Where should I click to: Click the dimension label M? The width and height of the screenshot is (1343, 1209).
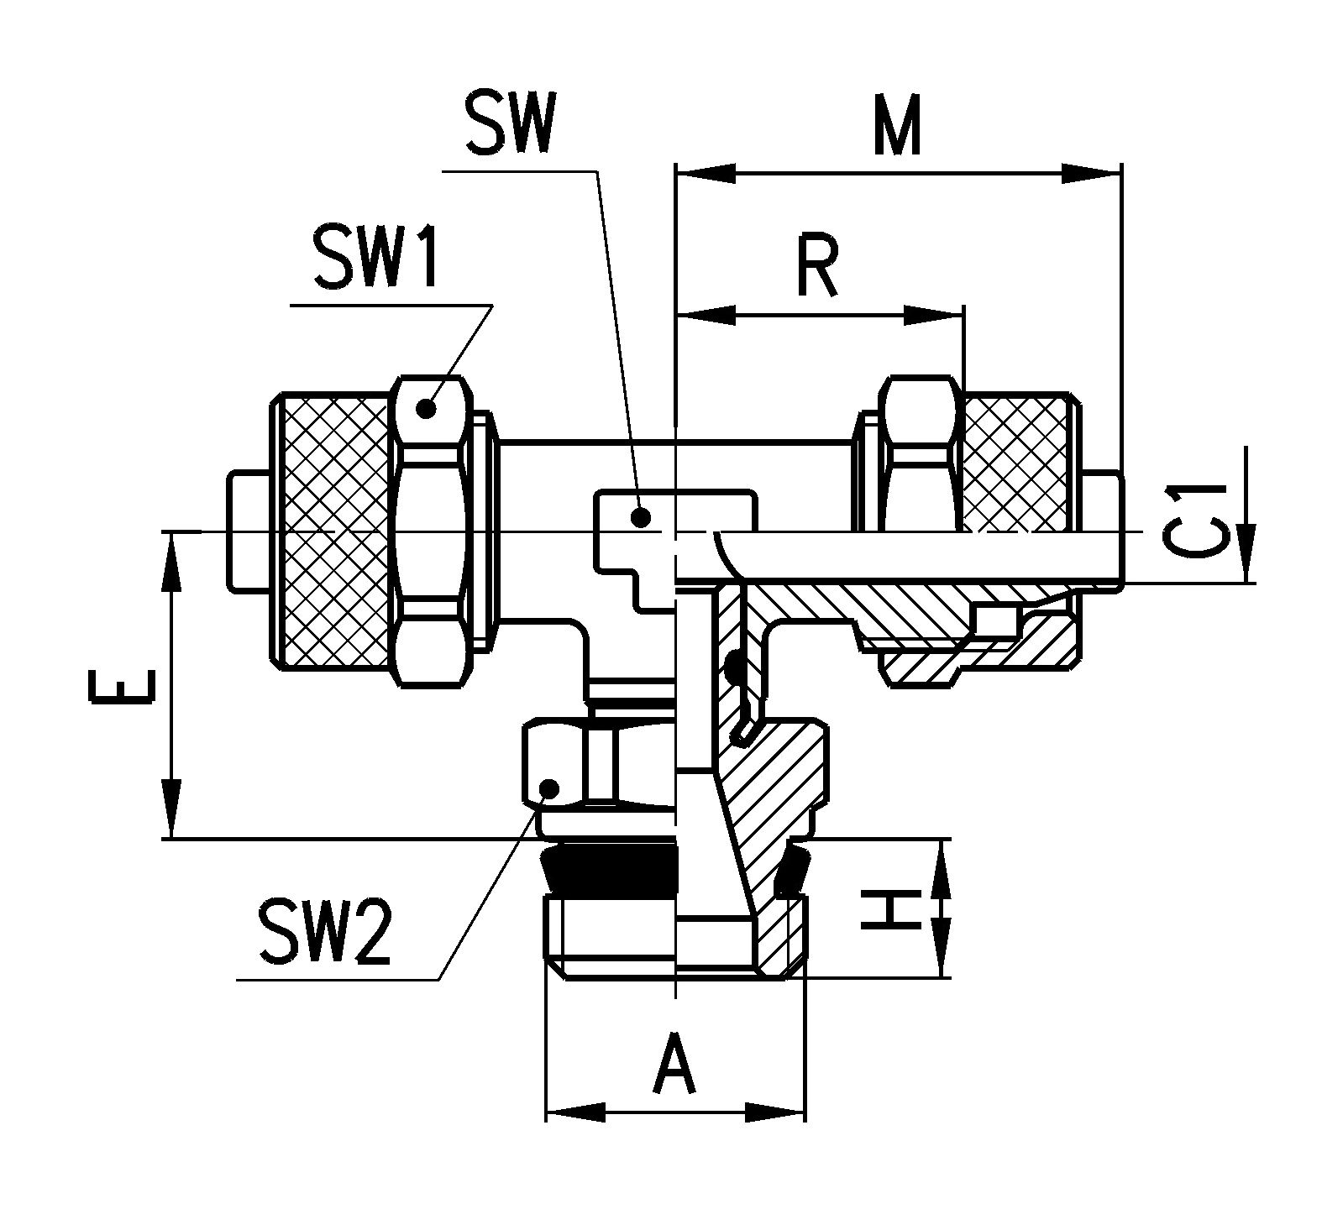(x=897, y=125)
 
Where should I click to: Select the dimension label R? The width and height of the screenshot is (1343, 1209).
(x=817, y=268)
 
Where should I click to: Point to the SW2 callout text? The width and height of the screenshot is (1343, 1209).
(x=325, y=932)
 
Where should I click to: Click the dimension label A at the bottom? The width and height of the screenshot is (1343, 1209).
(x=675, y=1063)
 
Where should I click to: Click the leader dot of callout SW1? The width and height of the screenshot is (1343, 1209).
(x=427, y=410)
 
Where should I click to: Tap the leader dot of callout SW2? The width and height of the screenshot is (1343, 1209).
(x=549, y=788)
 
